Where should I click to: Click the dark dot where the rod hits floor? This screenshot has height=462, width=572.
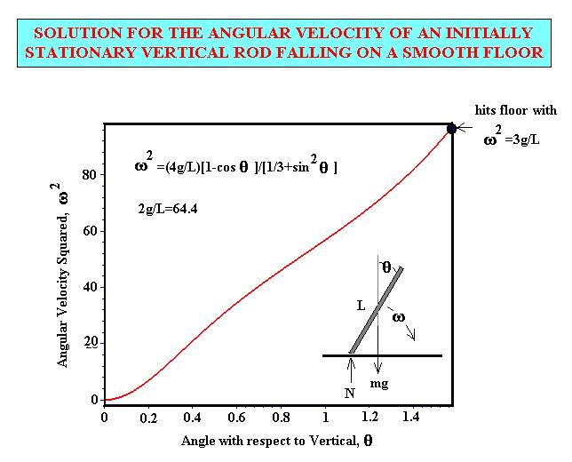[451, 129]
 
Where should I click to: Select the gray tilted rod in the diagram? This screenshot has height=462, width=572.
[376, 310]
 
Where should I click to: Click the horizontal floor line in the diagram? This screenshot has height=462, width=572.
[382, 355]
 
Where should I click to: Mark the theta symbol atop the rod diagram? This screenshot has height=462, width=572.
[386, 265]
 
